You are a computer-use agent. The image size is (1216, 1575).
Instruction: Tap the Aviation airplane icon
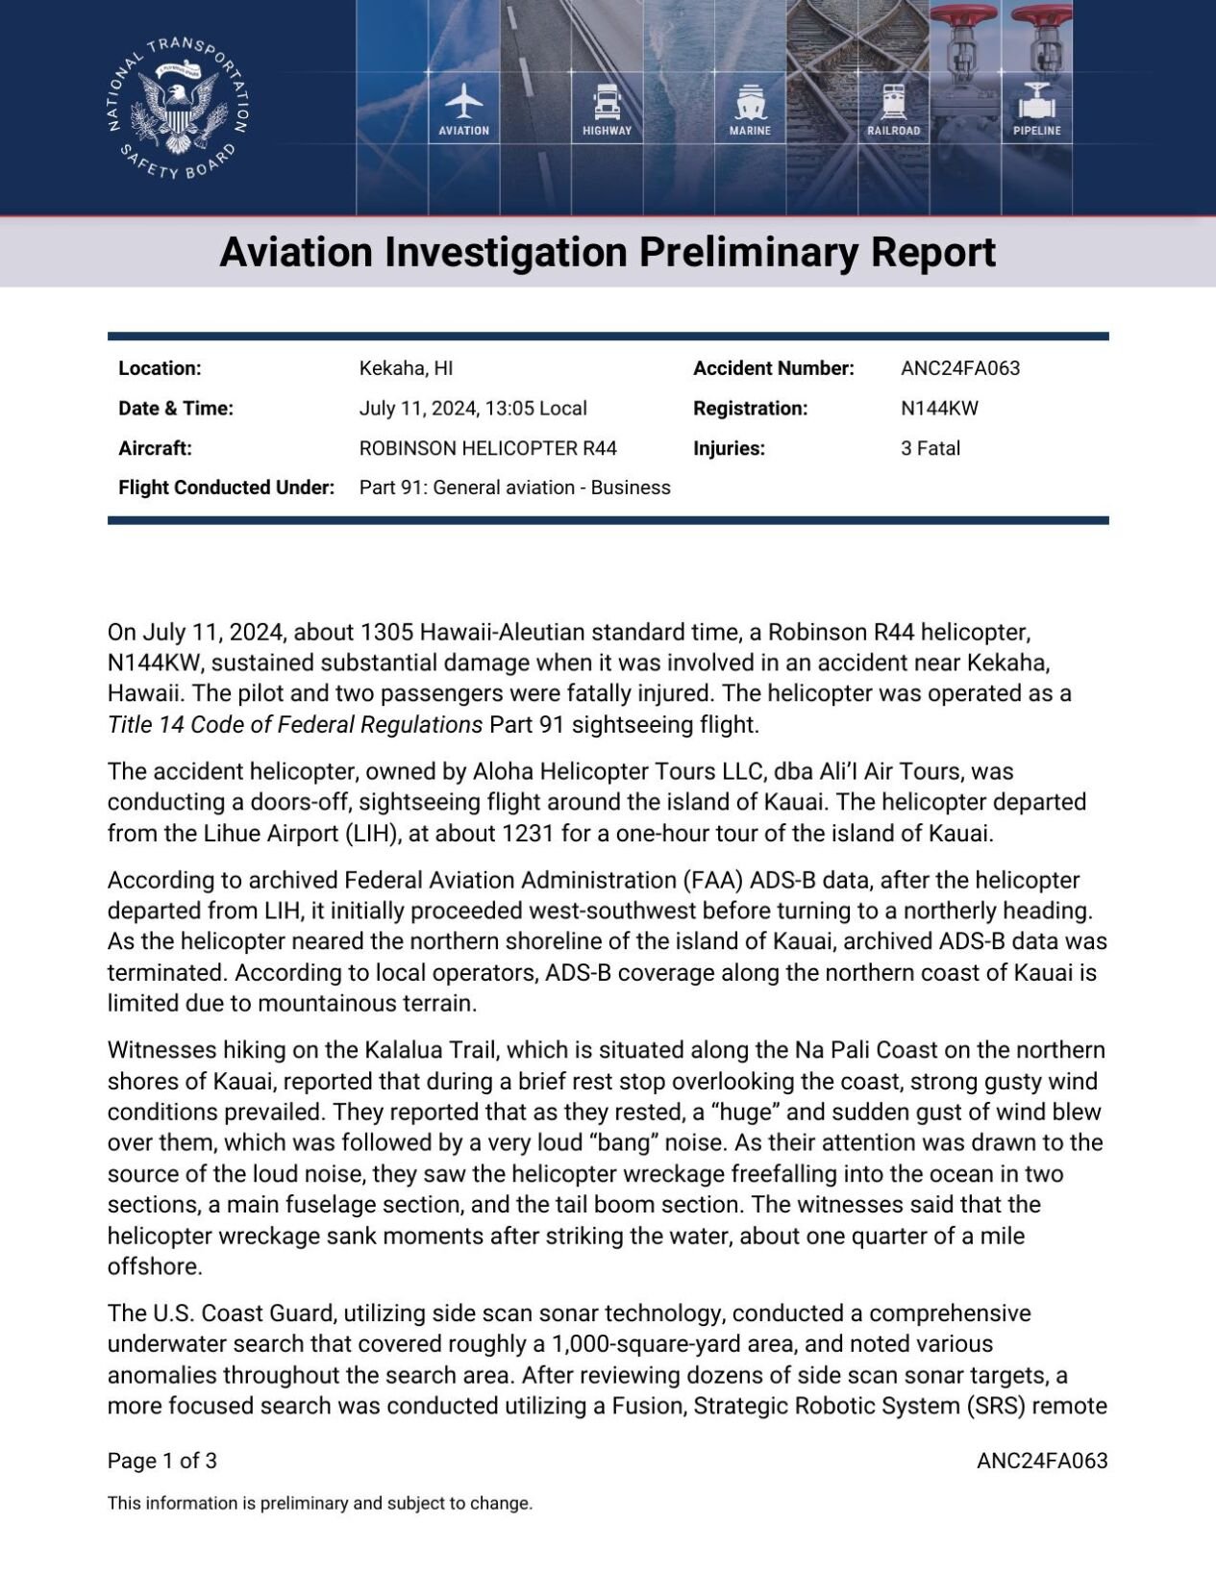[x=464, y=101]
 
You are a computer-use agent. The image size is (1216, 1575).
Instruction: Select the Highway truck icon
[x=608, y=101]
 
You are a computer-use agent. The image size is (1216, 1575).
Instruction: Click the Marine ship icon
[x=750, y=101]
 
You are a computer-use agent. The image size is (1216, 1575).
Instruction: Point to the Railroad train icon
[x=894, y=101]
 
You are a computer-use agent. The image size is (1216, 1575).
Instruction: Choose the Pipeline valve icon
[x=1036, y=101]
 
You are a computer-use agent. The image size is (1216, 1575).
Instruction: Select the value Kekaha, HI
[x=406, y=368]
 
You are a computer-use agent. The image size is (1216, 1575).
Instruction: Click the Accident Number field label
[x=773, y=368]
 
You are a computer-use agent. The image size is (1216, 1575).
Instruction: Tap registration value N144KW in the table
[x=939, y=408]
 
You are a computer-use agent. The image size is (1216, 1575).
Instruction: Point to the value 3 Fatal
[x=930, y=448]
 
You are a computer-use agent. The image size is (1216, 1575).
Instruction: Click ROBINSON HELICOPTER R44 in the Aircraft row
[x=487, y=448]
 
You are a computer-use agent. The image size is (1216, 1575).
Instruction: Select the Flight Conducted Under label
[x=226, y=487]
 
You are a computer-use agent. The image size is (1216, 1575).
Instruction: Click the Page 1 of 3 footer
[x=161, y=1462]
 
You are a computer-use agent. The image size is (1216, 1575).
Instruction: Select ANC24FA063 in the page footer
[x=1041, y=1462]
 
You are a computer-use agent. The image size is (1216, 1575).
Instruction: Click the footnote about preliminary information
[x=319, y=1504]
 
